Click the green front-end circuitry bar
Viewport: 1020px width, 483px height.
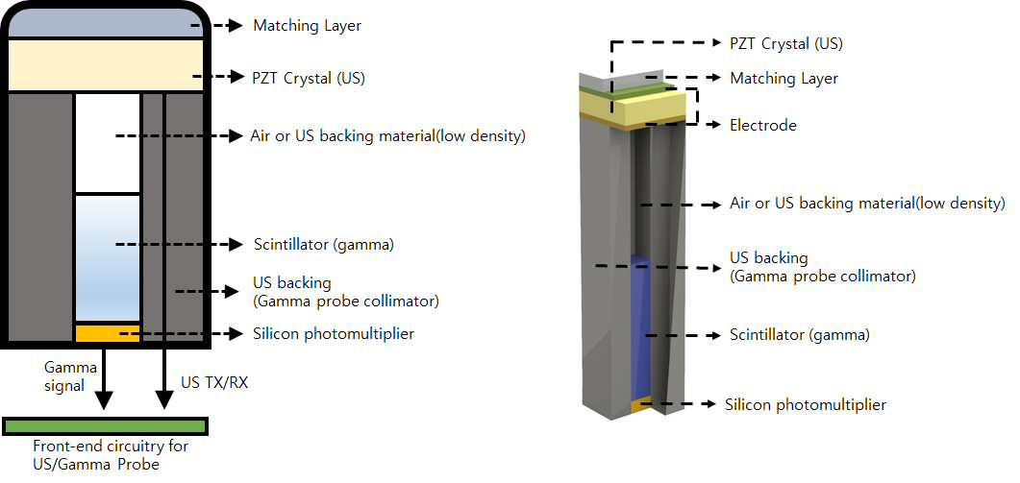click(106, 425)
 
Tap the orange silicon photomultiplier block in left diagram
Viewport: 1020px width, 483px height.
click(108, 333)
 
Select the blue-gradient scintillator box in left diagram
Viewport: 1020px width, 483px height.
click(108, 257)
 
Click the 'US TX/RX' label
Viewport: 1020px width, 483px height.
click(214, 383)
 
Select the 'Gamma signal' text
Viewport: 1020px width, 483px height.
click(65, 376)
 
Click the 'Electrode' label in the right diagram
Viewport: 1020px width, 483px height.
click(763, 125)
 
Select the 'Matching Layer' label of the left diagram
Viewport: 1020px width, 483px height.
click(307, 26)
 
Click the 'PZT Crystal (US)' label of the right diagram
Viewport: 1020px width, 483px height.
click(786, 44)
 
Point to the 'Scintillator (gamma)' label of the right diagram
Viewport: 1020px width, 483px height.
click(800, 335)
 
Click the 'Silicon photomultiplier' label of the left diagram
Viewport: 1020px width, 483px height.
click(334, 334)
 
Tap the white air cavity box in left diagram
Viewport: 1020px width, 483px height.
click(108, 143)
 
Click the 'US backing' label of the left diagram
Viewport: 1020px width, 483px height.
click(291, 283)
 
